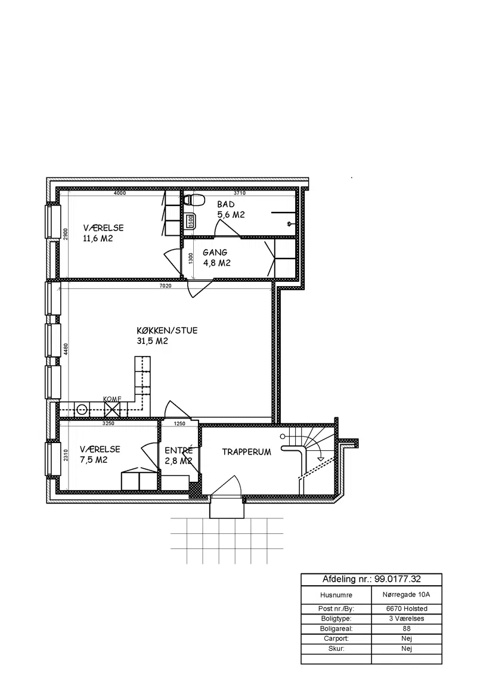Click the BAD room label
click(x=225, y=204)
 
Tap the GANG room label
click(x=215, y=253)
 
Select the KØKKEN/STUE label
click(x=167, y=331)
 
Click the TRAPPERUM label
click(x=247, y=452)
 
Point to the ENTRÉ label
click(x=179, y=450)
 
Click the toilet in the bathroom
click(x=194, y=200)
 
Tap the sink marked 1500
click(x=190, y=221)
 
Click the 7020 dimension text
click(x=165, y=285)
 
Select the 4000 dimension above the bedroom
click(x=120, y=193)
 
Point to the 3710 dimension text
click(x=239, y=193)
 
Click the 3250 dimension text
click(x=108, y=423)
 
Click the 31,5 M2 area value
click(x=152, y=341)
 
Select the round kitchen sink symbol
click(x=82, y=408)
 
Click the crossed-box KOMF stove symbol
click(x=112, y=408)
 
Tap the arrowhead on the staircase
click(x=320, y=459)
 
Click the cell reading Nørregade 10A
click(x=407, y=595)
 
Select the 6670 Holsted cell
click(x=407, y=609)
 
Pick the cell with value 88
click(x=407, y=629)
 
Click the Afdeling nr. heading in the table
click(x=371, y=579)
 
